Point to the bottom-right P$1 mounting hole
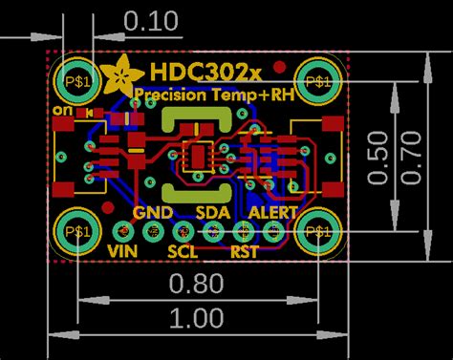314,230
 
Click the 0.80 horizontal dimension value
196,284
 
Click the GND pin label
152,212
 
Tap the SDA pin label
212,212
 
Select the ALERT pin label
271,212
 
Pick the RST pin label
244,252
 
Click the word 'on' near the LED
64,112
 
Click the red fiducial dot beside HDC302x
279,66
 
